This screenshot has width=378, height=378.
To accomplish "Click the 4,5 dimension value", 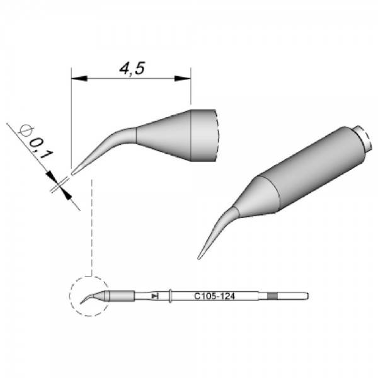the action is click(132, 69).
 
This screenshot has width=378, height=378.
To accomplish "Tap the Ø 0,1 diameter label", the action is click(37, 142).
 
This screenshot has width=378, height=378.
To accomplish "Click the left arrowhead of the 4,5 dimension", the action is click(79, 79).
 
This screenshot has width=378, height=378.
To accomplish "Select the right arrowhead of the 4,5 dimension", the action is click(183, 79).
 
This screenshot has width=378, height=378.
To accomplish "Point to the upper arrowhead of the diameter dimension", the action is click(51, 176).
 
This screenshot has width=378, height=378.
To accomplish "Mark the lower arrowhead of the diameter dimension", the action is click(67, 195).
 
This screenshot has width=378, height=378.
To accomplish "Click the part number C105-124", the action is click(214, 296).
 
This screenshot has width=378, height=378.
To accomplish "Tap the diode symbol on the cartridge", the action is click(155, 296).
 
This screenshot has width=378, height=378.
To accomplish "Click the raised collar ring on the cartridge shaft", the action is click(170, 296).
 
